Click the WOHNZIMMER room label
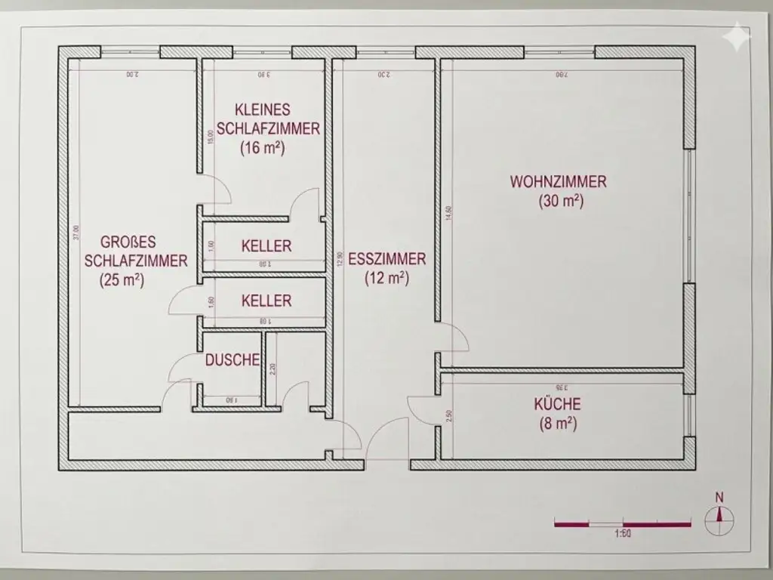coord(559,182)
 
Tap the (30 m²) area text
coord(561,202)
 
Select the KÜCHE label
coord(558,404)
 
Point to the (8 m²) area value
coord(558,424)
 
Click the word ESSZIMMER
coord(386,259)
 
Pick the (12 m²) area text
coord(386,278)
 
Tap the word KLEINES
coord(262,110)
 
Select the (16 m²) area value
coord(262,148)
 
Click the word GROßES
coord(128,242)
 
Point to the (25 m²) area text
coord(122,279)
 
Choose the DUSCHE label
coord(233,360)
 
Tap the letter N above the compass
coord(719,497)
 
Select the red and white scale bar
coord(623,522)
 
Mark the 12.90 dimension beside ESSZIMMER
coord(340,259)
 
